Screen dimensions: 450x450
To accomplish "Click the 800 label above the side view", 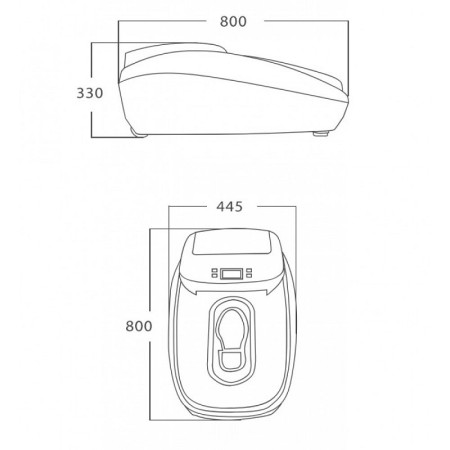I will coord(234,21).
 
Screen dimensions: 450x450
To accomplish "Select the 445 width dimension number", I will coord(233,208).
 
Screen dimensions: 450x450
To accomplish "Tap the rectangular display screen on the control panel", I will coord(233,273).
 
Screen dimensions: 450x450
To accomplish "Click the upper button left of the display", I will coord(213,270).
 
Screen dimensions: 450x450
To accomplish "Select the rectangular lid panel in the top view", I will coord(233,243).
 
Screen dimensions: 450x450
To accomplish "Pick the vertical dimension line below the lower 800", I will coord(150,385).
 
